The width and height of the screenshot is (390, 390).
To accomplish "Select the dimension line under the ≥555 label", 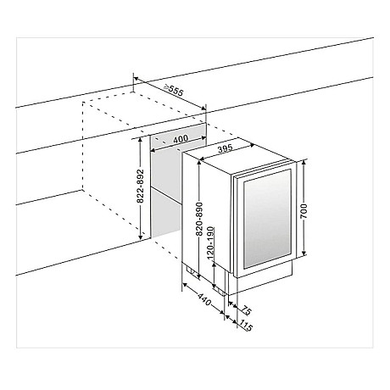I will [x=170, y=96].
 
